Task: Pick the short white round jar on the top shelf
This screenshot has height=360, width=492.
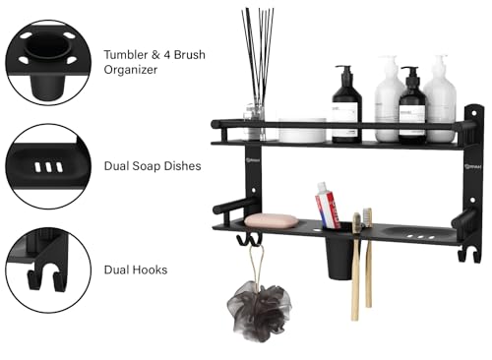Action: pyautogui.click(x=302, y=130)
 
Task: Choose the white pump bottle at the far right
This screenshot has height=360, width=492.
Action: pyautogui.click(x=440, y=100)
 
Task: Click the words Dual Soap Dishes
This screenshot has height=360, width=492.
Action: pyautogui.click(x=153, y=166)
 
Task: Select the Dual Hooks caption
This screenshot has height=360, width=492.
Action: pyautogui.click(x=135, y=269)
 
